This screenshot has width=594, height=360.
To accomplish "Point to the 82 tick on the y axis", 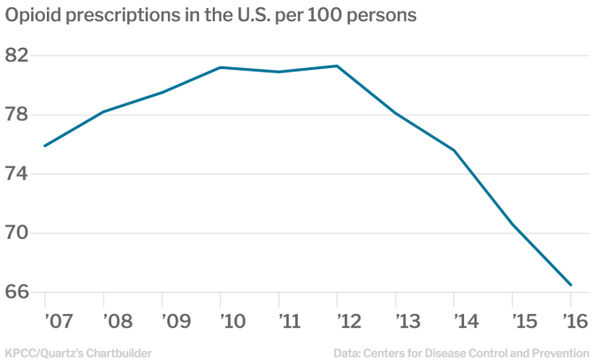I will pyautogui.click(x=16, y=56).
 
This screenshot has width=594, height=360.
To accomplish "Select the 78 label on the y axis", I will pyautogui.click(x=16, y=115).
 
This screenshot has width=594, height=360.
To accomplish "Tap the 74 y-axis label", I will pyautogui.click(x=16, y=174).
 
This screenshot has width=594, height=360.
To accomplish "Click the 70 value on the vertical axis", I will pyautogui.click(x=16, y=234).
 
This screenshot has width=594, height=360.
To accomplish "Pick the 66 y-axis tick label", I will pyautogui.click(x=16, y=293).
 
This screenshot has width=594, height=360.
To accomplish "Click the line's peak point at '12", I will pyautogui.click(x=338, y=65).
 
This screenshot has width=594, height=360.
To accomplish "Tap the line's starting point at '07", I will pyautogui.click(x=44, y=146).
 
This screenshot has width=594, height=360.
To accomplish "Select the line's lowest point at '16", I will pyautogui.click(x=571, y=285).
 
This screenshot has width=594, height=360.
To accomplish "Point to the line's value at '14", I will pyautogui.click(x=454, y=150).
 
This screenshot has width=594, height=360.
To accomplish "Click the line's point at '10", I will pyautogui.click(x=221, y=67).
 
